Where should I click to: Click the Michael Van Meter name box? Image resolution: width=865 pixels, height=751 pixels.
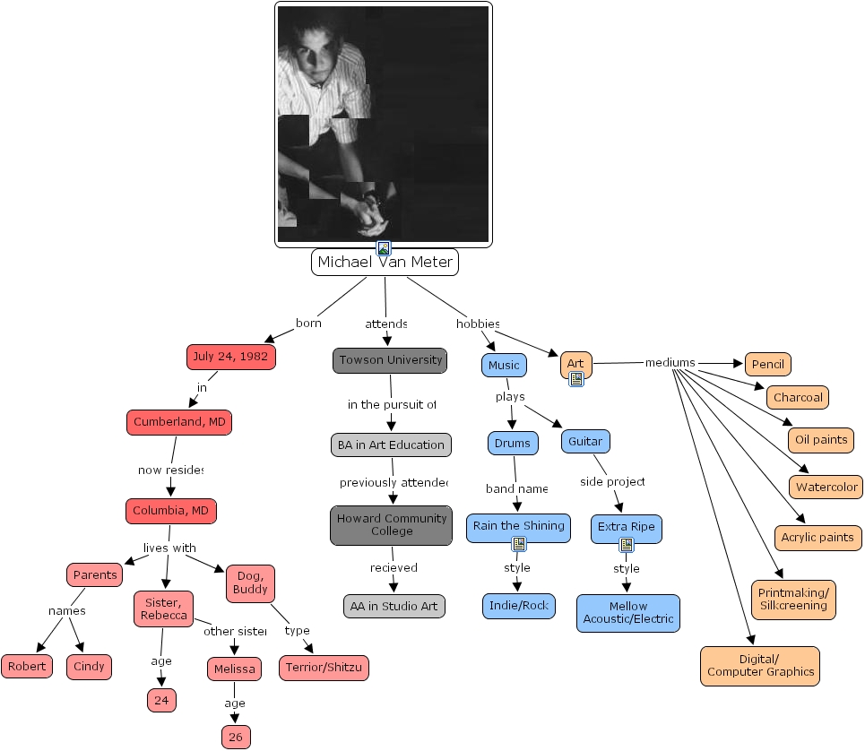click(x=385, y=263)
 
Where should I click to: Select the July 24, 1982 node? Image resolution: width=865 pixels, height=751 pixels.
click(x=230, y=357)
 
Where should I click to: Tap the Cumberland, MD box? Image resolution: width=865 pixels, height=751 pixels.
click(x=179, y=422)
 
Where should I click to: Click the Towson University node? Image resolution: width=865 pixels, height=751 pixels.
click(x=390, y=360)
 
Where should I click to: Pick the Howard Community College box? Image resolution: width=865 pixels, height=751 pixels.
click(x=391, y=525)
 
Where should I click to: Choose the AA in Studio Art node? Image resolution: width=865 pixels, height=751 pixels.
click(x=394, y=606)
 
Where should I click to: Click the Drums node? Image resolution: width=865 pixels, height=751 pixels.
click(x=515, y=443)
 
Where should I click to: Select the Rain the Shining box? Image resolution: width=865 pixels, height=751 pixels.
click(x=519, y=526)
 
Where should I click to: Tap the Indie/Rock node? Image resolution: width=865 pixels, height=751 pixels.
click(x=519, y=606)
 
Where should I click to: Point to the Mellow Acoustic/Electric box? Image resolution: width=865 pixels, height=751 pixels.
click(x=627, y=613)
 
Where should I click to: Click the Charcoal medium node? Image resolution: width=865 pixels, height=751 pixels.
click(x=797, y=397)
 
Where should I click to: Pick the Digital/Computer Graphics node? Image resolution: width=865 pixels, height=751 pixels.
click(x=760, y=666)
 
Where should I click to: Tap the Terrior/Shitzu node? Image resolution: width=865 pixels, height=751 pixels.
click(x=324, y=668)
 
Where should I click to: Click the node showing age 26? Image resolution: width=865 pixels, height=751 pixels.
click(x=236, y=737)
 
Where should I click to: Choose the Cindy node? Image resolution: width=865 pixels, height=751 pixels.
click(x=90, y=666)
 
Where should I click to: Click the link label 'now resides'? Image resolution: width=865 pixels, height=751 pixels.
click(x=170, y=470)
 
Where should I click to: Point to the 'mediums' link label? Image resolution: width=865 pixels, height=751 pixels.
click(x=670, y=363)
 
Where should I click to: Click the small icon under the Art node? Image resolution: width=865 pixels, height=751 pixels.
click(x=576, y=379)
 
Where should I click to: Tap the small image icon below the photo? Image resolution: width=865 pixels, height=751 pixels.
click(x=384, y=248)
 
